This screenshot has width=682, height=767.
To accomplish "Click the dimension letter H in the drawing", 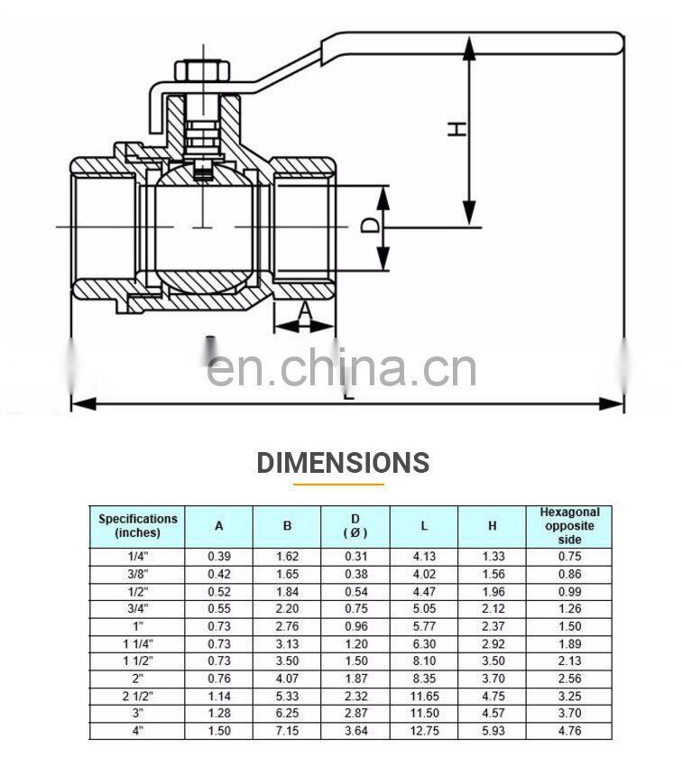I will [458, 129].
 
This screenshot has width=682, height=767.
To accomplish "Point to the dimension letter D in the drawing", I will [369, 225].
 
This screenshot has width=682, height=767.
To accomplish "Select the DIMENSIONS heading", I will [343, 463].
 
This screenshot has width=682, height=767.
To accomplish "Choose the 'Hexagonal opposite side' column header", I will [569, 525].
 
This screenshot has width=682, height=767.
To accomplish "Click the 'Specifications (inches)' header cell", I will [138, 525].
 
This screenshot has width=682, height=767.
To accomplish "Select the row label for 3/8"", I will [138, 573].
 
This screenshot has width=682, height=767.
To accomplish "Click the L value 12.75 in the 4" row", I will [424, 731].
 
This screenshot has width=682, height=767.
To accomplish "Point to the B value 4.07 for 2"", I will [287, 679].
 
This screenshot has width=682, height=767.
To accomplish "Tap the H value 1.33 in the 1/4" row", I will [493, 557].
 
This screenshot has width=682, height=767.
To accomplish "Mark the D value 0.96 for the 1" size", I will [355, 625].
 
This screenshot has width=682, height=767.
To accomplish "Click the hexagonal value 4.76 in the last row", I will [569, 731].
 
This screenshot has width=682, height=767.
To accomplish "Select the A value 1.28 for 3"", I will [218, 714].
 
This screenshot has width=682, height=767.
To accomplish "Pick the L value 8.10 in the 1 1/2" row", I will [424, 661].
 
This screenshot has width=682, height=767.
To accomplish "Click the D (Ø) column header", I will [355, 525].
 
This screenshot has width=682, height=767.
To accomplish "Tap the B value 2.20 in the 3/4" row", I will [287, 608].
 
